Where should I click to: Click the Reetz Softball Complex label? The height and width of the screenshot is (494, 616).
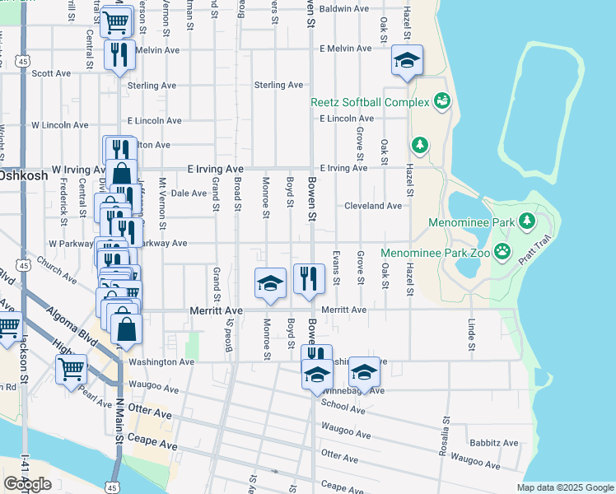(370, 103)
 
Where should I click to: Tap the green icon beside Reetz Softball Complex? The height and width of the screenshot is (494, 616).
(442, 101)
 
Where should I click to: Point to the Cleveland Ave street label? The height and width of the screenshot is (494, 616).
(373, 206)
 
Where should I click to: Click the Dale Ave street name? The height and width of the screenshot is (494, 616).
(188, 193)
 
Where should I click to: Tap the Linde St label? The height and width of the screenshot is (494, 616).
(472, 334)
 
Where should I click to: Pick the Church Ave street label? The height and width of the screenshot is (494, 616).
(58, 274)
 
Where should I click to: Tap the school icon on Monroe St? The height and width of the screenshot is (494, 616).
(270, 283)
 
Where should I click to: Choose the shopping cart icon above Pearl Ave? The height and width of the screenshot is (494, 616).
(72, 370)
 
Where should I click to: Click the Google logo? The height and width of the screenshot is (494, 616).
(27, 484)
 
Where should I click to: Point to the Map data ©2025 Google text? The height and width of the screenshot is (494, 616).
(564, 487)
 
